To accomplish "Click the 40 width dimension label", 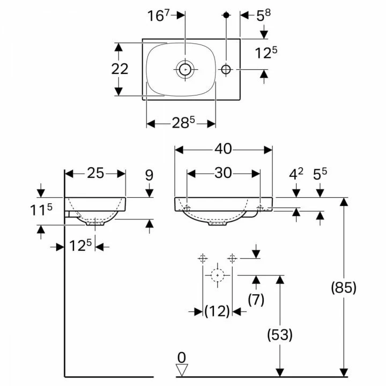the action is point(223,149).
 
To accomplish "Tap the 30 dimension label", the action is point(223,173).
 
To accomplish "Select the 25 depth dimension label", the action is point(95,173).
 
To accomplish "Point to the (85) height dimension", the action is point(344,287).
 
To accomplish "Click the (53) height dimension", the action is point(280,335).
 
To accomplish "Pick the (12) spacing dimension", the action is point(217,311).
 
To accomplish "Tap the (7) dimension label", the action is point(256,299).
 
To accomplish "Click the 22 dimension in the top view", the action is point(120,69).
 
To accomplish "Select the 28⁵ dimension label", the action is point(183,122).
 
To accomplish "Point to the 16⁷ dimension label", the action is point(159,15).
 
